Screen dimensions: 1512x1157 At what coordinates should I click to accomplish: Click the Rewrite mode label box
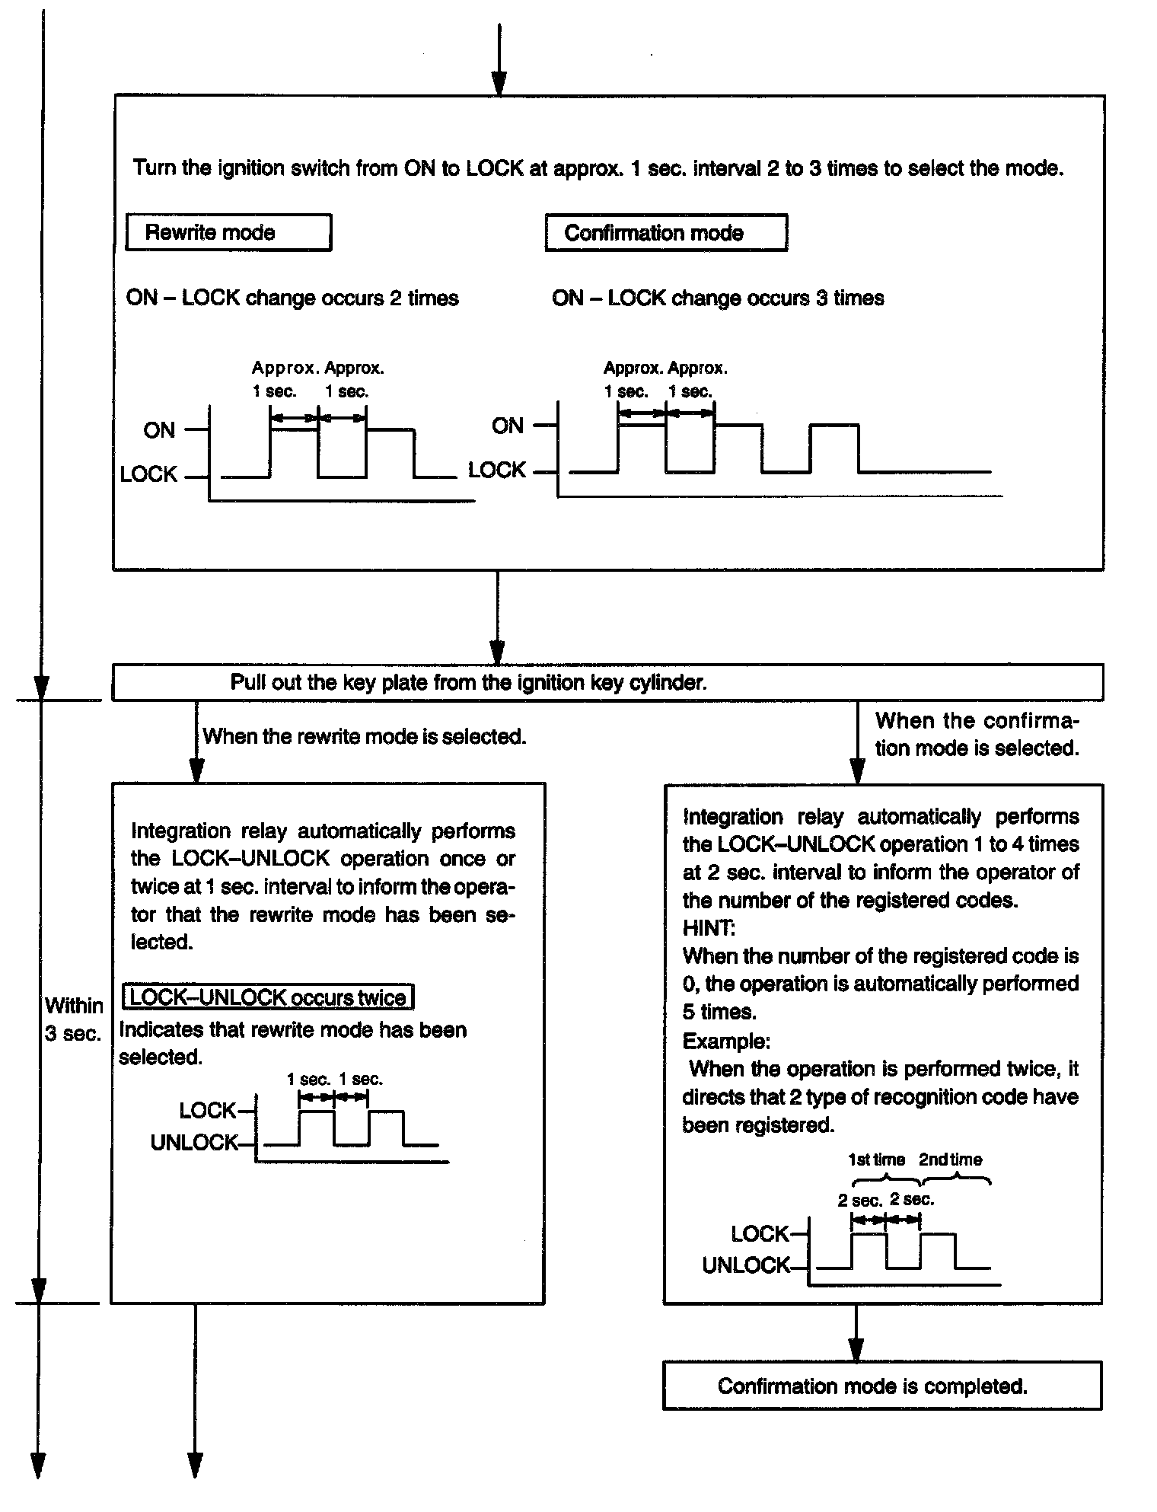tap(228, 232)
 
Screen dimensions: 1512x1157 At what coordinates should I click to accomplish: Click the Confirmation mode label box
tap(666, 233)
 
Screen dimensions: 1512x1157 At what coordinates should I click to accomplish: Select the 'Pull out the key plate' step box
tap(607, 682)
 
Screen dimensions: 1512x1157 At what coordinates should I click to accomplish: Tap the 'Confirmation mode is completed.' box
tap(881, 1386)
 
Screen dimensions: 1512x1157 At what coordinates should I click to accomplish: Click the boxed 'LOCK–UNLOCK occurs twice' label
tap(268, 997)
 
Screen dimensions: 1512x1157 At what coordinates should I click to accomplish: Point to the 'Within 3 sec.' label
tap(73, 1019)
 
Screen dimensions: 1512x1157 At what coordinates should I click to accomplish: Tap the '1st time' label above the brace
tap(876, 1160)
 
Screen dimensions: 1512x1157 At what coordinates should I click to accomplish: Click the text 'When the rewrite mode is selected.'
tap(365, 736)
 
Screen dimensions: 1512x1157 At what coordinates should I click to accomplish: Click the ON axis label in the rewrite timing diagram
tap(159, 430)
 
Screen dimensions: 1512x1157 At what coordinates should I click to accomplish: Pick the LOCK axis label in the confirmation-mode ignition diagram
tap(496, 471)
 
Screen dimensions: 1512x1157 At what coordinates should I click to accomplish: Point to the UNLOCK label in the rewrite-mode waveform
tap(194, 1143)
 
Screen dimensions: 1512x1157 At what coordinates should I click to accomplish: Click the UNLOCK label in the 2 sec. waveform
tap(746, 1265)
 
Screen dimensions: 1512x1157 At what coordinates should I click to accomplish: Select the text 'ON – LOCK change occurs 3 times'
tap(718, 298)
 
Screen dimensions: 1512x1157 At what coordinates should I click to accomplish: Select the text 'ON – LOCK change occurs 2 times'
tap(292, 298)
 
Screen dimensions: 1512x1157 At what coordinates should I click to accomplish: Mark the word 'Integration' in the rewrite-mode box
tap(179, 831)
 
